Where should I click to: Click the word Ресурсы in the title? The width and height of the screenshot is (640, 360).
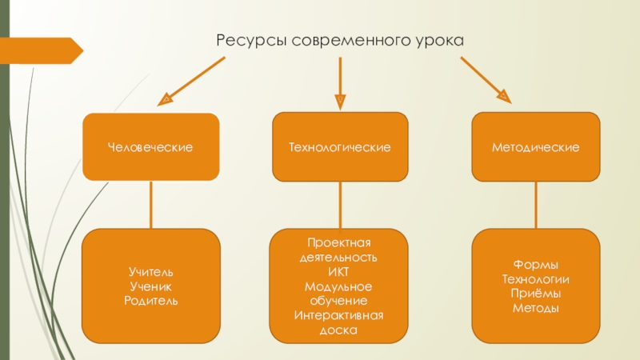click(250, 39)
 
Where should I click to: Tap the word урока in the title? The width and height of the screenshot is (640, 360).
click(440, 40)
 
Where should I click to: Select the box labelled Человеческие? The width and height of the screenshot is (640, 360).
click(151, 148)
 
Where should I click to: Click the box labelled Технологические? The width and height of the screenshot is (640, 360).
click(340, 148)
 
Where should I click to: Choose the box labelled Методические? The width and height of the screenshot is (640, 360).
click(536, 148)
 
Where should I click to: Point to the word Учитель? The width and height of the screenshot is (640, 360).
click(151, 274)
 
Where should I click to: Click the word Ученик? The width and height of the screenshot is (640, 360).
click(151, 286)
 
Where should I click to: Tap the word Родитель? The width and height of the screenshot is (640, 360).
click(151, 299)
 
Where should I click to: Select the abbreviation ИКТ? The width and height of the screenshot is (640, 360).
click(340, 273)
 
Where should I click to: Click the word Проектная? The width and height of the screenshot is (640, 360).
click(340, 242)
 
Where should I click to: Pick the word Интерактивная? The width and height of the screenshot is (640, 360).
click(340, 315)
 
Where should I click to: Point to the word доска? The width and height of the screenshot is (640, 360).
click(340, 330)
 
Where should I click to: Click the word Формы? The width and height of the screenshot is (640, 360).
click(536, 265)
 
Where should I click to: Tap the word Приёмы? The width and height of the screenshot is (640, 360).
click(536, 294)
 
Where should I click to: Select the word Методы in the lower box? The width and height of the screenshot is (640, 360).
click(536, 308)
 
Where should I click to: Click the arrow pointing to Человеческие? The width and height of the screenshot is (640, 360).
click(192, 83)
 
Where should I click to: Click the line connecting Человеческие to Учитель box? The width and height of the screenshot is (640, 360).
click(151, 206)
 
